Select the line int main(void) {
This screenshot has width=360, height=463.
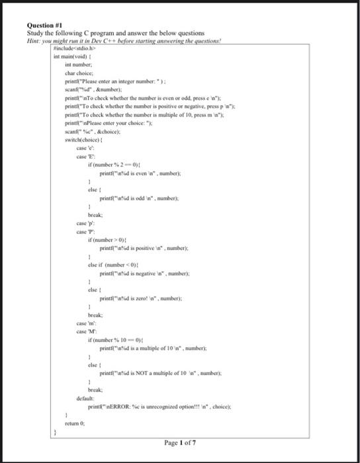point(73,57)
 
